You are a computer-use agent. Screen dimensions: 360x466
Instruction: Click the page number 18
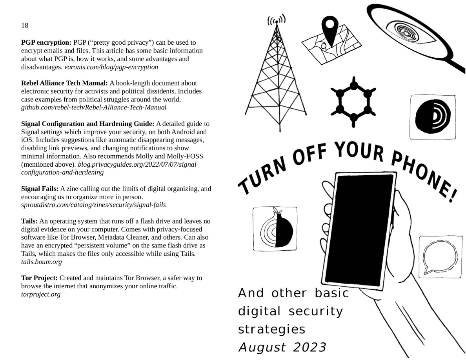pyautogui.click(x=25, y=25)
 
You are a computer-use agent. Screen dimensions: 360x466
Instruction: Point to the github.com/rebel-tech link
pyautogui.click(x=94, y=107)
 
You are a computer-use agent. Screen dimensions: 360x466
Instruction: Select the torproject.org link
pyautogui.click(x=40, y=294)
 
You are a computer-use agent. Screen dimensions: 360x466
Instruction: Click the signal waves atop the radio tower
pyautogui.click(x=276, y=20)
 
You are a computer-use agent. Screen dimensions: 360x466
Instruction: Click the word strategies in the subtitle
pyautogui.click(x=271, y=329)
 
